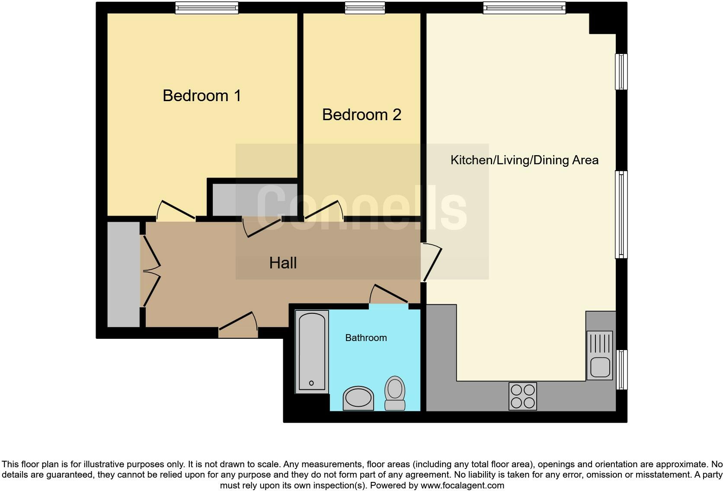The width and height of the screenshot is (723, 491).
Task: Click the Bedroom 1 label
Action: point(202,96)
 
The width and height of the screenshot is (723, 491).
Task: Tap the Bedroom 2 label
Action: point(361,115)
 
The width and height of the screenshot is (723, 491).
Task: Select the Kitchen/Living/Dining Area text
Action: point(524,160)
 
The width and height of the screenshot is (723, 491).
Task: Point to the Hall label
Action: point(283,263)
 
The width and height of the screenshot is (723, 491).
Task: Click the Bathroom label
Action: point(366,338)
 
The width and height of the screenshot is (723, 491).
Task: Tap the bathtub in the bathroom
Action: point(312,351)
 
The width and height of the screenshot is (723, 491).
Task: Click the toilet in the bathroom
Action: point(395,393)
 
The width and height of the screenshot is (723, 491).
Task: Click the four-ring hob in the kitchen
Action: point(522,396)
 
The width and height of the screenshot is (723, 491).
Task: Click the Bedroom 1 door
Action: point(176,211)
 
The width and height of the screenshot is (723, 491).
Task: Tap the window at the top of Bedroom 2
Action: point(365,7)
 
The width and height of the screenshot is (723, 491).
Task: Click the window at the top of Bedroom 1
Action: point(207,8)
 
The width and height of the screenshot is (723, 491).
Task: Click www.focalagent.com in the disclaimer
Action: point(462,485)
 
